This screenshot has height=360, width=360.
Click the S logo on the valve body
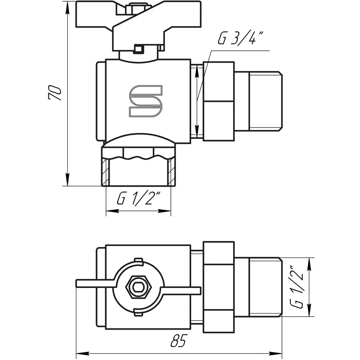(x=145, y=102)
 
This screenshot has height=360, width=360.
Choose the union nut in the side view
(x=218, y=101)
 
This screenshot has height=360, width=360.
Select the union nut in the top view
(x=218, y=287)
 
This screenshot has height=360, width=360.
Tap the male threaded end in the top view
(x=266, y=287)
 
